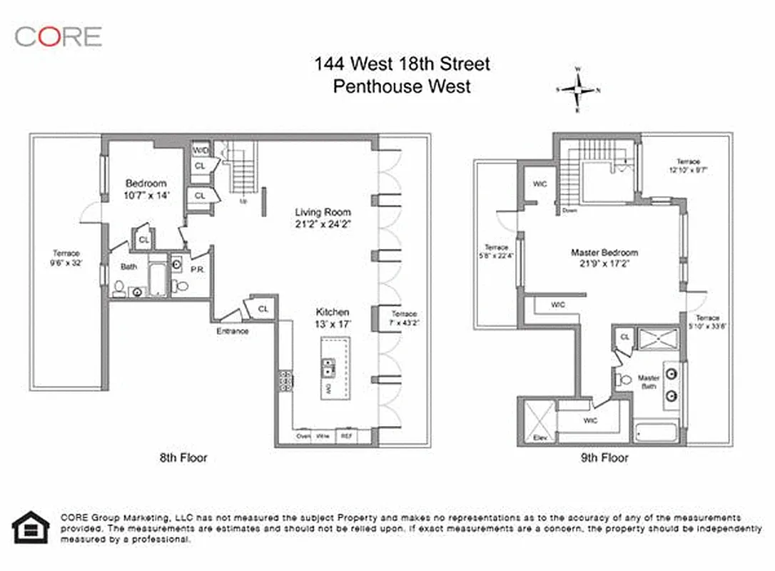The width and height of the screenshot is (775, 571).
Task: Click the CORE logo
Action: coord(58,36)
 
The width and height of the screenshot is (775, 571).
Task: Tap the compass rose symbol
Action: coord(579,90)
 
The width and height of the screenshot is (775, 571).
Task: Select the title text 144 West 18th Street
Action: coord(402,64)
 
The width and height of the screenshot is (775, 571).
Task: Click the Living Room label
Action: coord(323,218)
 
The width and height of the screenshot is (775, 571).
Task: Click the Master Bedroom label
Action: coord(604,258)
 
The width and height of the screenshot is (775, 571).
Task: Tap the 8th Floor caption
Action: coord(183,458)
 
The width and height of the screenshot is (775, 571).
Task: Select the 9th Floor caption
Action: coord(605,458)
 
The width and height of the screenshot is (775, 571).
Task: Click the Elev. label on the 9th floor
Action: coord(540,438)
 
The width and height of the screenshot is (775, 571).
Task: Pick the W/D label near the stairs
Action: coord(199,151)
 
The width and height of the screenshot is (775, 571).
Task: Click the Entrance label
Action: coord(233,331)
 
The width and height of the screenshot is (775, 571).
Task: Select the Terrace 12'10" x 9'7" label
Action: coord(688,166)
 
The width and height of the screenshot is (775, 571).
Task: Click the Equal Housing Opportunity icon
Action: coord(30,528)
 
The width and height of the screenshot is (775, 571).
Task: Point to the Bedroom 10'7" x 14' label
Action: coord(148,188)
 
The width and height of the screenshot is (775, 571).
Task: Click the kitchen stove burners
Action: coord(285,381)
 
